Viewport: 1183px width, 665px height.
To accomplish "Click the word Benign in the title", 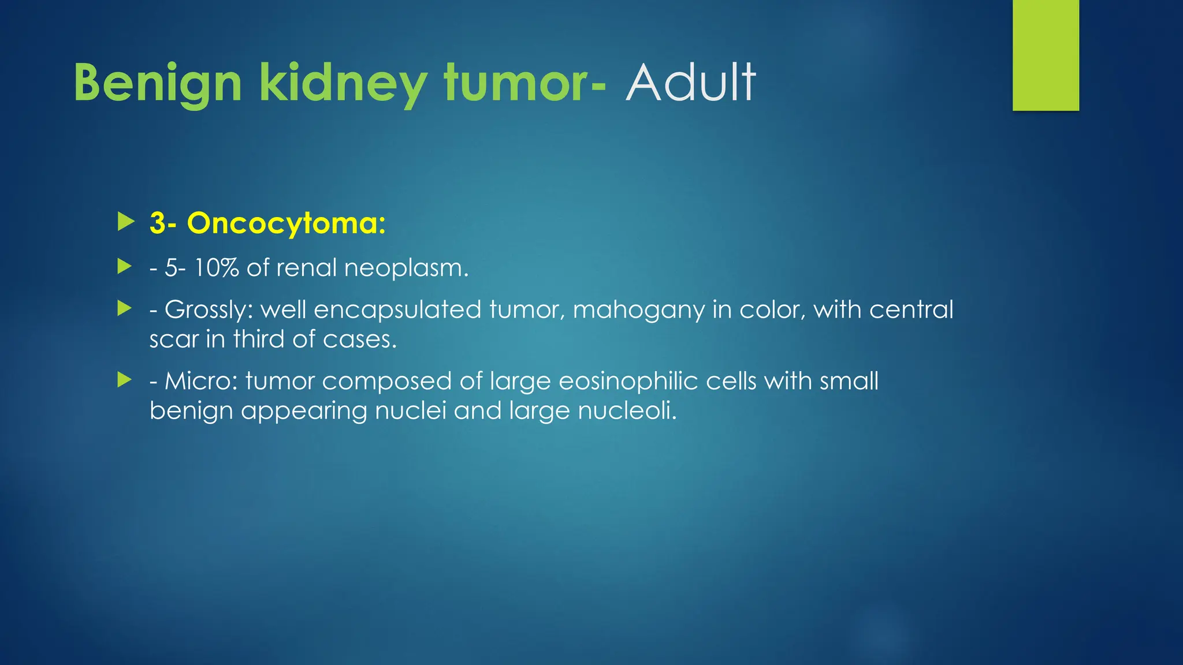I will click(157, 84).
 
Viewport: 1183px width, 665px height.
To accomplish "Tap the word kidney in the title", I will click(342, 84).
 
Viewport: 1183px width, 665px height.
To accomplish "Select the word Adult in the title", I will click(690, 84).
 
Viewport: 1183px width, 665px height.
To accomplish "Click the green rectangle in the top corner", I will click(1046, 55).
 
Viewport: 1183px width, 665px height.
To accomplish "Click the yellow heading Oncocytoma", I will click(285, 223).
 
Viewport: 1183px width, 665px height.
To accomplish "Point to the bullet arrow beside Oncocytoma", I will click(125, 222).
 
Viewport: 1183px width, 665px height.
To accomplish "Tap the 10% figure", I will click(216, 268).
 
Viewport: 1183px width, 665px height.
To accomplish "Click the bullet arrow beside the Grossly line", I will click(125, 308).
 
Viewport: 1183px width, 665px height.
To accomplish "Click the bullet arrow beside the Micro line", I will click(125, 380).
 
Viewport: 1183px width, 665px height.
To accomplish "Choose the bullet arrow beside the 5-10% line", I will click(125, 267).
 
